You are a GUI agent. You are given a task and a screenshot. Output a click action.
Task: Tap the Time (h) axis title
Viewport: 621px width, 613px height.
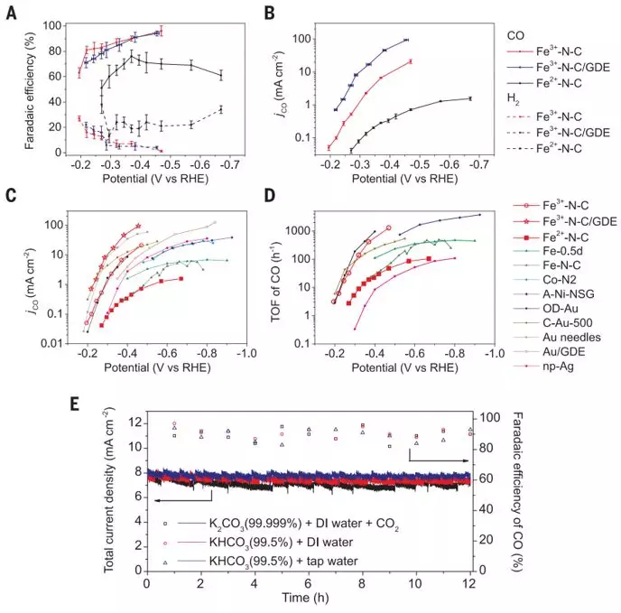pyautogui.click(x=307, y=599)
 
